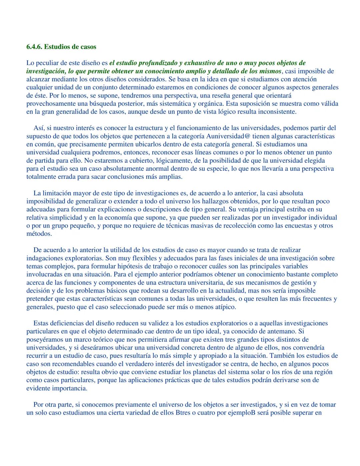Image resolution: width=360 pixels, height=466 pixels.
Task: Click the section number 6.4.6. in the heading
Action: click(x=34, y=47)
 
